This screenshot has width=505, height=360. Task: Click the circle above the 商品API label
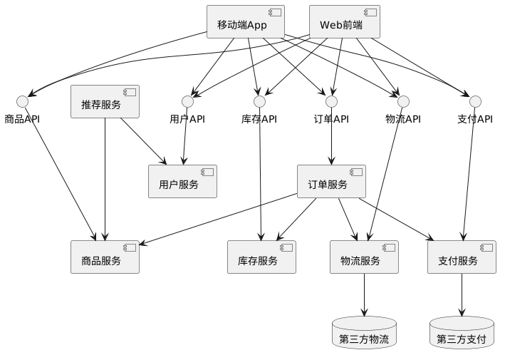(22, 101)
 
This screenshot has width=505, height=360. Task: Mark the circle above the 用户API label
(187, 101)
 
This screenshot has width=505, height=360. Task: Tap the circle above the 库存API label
(259, 101)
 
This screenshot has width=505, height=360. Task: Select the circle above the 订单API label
(331, 101)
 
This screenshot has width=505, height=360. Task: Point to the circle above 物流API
(403, 101)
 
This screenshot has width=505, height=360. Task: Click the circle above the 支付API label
(475, 101)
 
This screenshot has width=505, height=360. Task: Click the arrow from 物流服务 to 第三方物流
(364, 294)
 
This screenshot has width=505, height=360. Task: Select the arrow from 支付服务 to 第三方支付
(462, 294)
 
